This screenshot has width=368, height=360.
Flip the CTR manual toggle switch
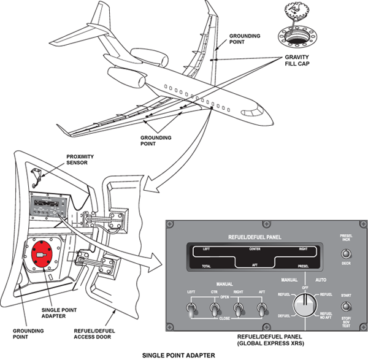[x=214, y=308]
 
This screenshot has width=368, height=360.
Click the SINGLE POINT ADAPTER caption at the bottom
[x=180, y=354]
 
